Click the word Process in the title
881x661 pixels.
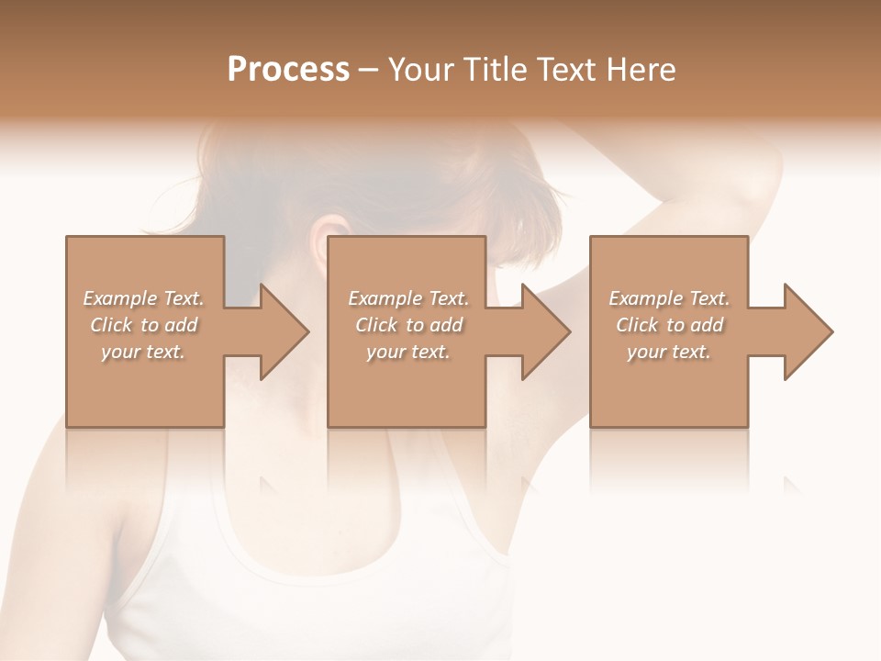(x=288, y=70)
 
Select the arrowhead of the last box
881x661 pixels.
(x=807, y=331)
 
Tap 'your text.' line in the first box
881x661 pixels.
(x=143, y=352)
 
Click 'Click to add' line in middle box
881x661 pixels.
(x=408, y=325)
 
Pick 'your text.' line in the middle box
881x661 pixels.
(x=408, y=352)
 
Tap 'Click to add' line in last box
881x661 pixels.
(x=669, y=325)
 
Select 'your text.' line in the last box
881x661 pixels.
(x=669, y=352)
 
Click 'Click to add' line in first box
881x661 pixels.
(x=143, y=325)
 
